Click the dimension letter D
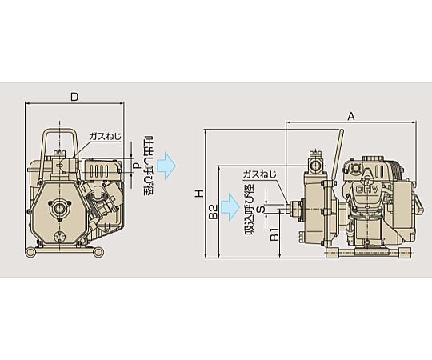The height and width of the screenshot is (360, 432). tap(74, 97)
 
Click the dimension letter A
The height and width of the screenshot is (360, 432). tap(350, 117)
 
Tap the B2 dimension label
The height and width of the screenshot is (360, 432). tap(213, 212)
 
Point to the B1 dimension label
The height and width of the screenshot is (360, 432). tap(274, 234)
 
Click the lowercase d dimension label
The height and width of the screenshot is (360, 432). tap(136, 166)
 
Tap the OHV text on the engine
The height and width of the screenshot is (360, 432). tap(368, 189)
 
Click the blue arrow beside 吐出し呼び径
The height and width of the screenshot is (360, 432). tap(166, 166)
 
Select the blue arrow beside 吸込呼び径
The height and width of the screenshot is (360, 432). tap(230, 206)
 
